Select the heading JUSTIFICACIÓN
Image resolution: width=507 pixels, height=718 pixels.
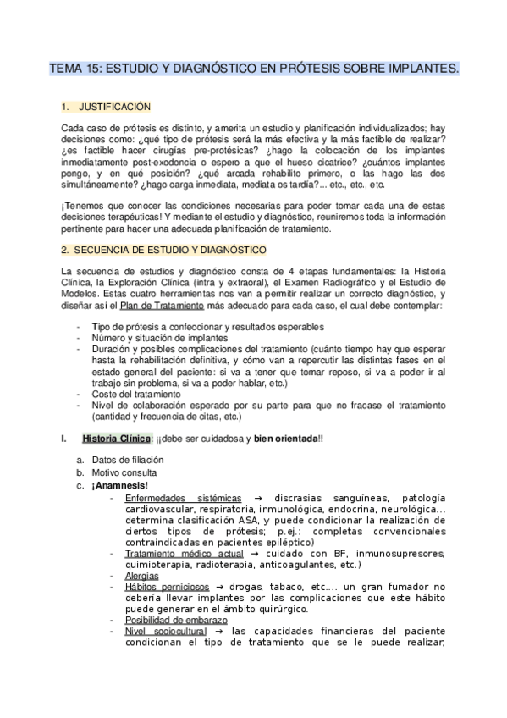pyautogui.click(x=114, y=107)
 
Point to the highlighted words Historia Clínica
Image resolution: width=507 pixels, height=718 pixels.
pyautogui.click(x=117, y=438)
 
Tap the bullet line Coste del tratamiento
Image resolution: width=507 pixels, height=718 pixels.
pyautogui.click(x=135, y=393)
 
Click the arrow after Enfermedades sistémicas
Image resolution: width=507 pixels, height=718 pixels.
pyautogui.click(x=256, y=497)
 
